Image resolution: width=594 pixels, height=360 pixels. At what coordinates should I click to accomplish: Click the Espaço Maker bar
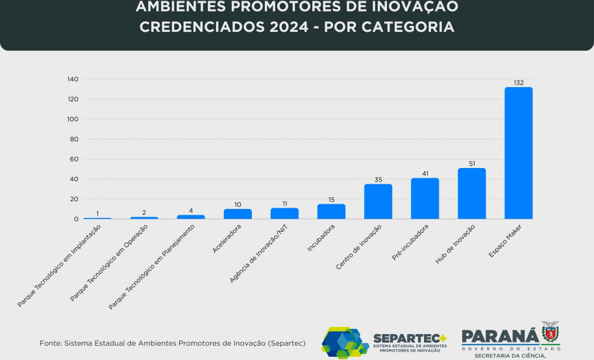coord(518,153)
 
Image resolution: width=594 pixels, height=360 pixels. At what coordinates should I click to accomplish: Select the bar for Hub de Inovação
coord(471,193)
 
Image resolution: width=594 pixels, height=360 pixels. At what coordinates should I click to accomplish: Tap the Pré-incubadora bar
coord(425,198)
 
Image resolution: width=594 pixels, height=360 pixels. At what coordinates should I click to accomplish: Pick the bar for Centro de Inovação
coord(378,202)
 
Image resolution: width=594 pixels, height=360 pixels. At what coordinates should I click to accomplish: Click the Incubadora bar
coord(331,211)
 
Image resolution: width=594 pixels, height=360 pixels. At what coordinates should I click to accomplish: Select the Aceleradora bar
coord(238,214)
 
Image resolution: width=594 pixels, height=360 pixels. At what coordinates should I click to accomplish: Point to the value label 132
coord(518,82)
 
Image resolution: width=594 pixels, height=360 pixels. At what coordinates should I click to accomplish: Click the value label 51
coord(471,163)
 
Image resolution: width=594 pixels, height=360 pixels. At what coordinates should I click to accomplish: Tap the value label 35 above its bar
coord(378,180)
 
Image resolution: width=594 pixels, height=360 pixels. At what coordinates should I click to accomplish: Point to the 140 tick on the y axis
coord(72,79)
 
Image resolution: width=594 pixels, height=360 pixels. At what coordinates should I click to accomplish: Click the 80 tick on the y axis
coord(74,139)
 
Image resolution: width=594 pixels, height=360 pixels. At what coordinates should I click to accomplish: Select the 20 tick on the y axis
coord(74,199)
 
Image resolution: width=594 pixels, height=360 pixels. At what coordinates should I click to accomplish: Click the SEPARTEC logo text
coord(409,339)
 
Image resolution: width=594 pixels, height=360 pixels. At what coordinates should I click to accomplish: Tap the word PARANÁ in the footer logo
coord(500,335)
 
